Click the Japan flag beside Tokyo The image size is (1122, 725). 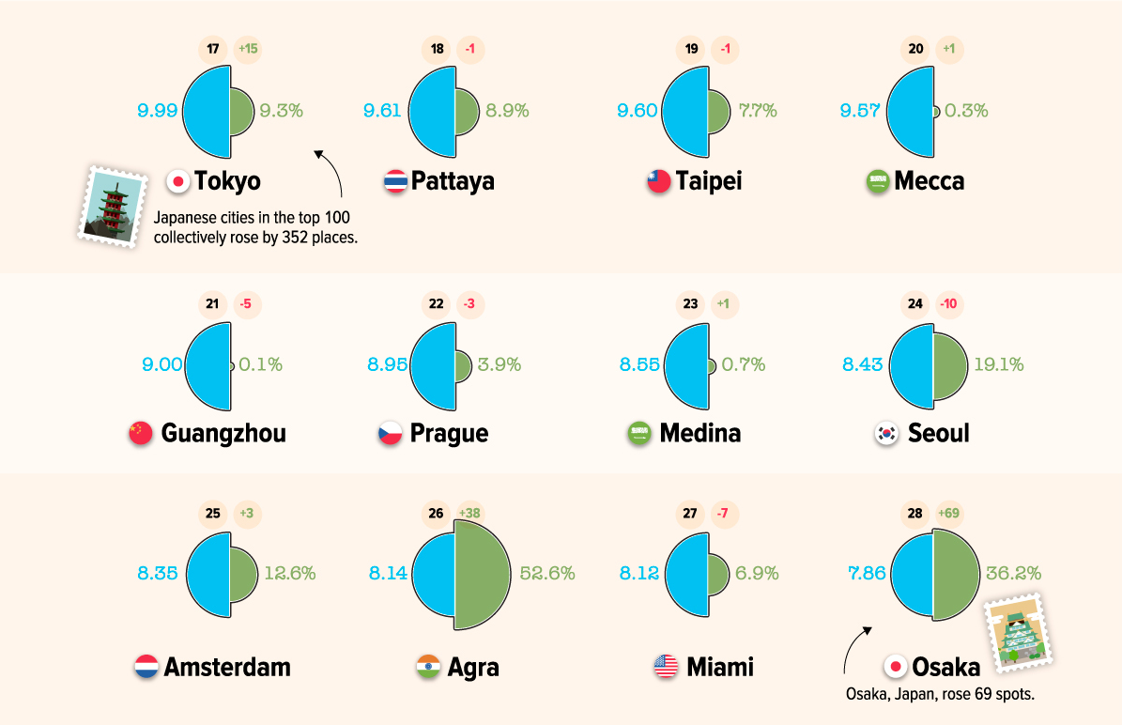(x=177, y=181)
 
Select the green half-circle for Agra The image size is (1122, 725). (x=484, y=574)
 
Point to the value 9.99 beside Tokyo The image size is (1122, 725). (x=157, y=111)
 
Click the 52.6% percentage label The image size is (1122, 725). (x=547, y=573)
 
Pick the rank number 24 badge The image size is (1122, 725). (x=915, y=303)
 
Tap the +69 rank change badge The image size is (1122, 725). (x=954, y=514)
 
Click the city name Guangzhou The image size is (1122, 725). (x=223, y=433)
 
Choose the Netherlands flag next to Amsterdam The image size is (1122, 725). (x=146, y=668)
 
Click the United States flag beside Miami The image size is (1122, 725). (x=666, y=668)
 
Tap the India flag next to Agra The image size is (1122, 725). (x=428, y=668)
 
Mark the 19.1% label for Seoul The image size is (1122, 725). (x=998, y=364)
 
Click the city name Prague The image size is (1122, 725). (x=449, y=433)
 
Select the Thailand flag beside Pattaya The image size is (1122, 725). (x=395, y=181)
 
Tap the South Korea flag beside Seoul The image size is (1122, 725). (x=886, y=433)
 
